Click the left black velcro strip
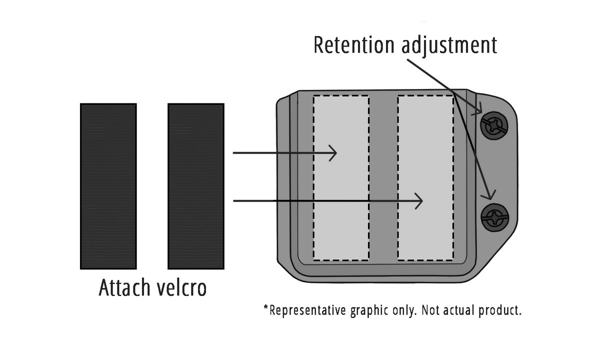(x=108, y=186)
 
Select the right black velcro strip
(x=195, y=186)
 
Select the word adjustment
(x=449, y=45)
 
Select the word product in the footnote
(x=500, y=310)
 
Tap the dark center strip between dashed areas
(x=383, y=177)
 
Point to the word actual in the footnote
(x=458, y=310)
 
